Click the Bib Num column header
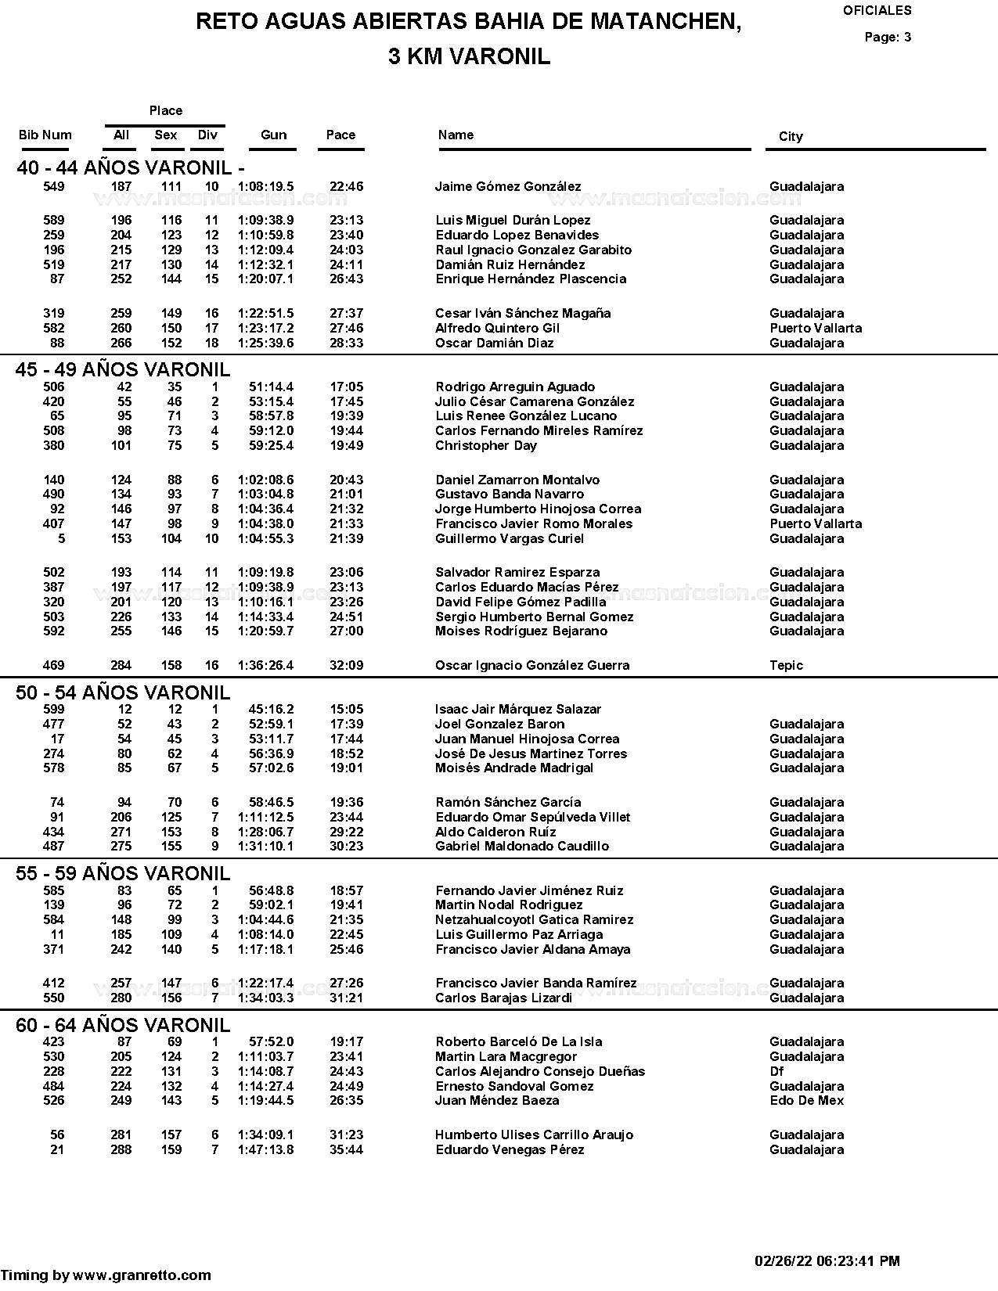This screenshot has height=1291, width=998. tap(45, 135)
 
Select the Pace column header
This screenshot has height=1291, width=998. tap(340, 135)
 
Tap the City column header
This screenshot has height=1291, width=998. tap(791, 137)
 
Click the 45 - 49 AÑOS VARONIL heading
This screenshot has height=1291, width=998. tap(123, 370)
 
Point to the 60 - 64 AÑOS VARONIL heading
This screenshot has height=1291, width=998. tap(123, 1025)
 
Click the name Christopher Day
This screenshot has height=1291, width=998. tap(486, 446)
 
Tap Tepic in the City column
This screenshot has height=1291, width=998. tap(786, 666)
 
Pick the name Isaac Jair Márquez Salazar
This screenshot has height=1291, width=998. tap(518, 710)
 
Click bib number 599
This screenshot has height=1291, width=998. tap(53, 710)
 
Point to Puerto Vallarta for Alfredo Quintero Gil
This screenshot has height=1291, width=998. tap(816, 329)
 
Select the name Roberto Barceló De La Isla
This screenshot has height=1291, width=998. tap(519, 1042)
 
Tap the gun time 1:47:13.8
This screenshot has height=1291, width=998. tap(265, 1150)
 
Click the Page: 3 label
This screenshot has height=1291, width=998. tap(888, 38)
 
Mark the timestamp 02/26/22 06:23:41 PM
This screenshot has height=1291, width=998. tap(827, 1261)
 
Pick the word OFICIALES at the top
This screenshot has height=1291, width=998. tap(877, 11)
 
